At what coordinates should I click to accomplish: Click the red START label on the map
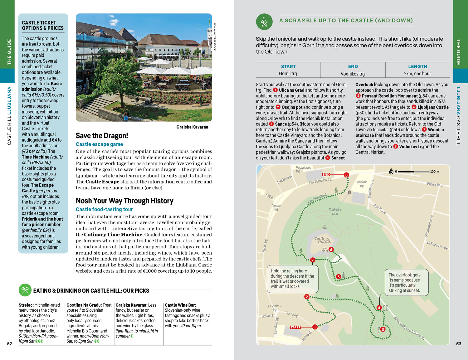pos(295,327)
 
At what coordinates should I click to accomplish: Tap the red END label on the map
pos(326,175)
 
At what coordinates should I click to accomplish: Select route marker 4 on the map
pos(379,308)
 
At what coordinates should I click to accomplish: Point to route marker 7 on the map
pos(312,260)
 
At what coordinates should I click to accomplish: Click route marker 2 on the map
pos(307,297)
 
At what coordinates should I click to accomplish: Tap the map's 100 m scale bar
pos(414,172)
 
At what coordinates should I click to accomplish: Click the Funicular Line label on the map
pos(335,212)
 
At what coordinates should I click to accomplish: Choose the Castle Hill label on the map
pos(319,240)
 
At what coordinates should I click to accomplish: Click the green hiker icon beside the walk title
pos(264,22)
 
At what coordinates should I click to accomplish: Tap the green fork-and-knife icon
pos(25,290)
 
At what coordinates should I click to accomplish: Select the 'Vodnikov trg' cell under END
pos(353,74)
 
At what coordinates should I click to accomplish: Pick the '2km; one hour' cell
pos(417,74)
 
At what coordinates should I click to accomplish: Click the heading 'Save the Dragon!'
pos(102,136)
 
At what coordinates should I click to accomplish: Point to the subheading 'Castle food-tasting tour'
pos(104,209)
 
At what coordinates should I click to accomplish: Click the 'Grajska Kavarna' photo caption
pos(192,127)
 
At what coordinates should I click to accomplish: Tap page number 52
pos(10,344)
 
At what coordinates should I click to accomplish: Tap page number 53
pos(458,344)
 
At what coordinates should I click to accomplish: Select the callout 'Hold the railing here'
pos(292,279)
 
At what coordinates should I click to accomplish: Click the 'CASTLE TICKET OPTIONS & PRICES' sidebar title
pos(43,25)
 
